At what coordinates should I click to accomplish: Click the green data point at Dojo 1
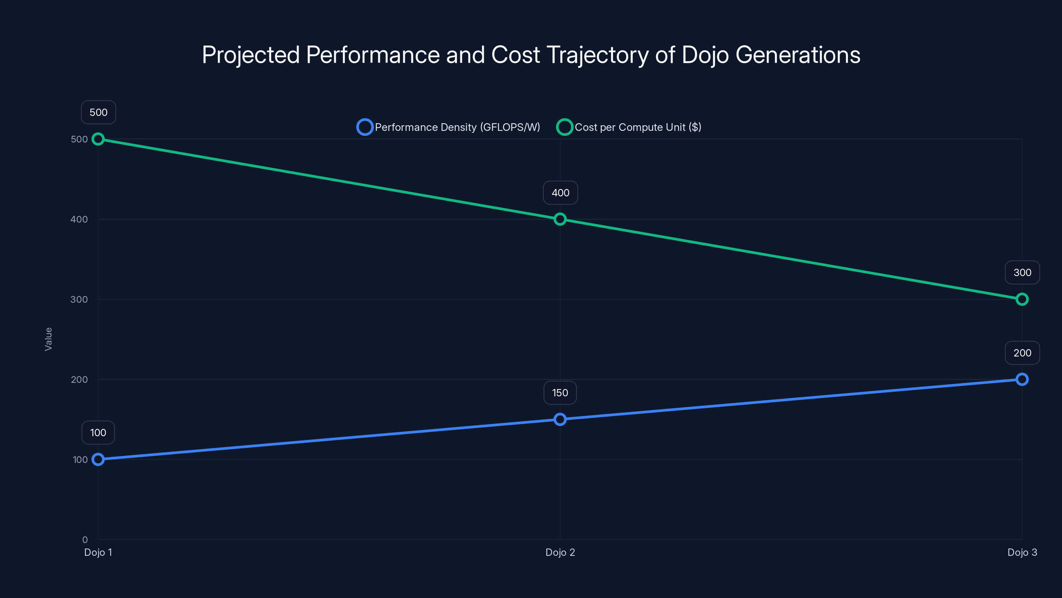pyautogui.click(x=98, y=139)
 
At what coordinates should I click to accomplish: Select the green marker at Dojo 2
pyautogui.click(x=560, y=219)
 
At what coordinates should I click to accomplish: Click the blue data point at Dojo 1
pyautogui.click(x=98, y=459)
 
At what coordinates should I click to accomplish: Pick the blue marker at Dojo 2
pyautogui.click(x=560, y=419)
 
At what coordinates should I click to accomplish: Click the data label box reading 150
pyautogui.click(x=560, y=392)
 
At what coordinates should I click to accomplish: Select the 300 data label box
pyautogui.click(x=1022, y=272)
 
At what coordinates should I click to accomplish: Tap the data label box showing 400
pyautogui.click(x=560, y=193)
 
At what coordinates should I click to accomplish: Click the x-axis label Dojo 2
pyautogui.click(x=560, y=552)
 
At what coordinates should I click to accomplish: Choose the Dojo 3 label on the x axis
pyautogui.click(x=1022, y=552)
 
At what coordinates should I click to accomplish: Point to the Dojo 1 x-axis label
pyautogui.click(x=98, y=552)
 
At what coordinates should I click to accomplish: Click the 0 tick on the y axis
pyautogui.click(x=85, y=540)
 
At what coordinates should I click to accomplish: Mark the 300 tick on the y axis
pyautogui.click(x=79, y=299)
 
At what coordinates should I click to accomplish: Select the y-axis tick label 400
pyautogui.click(x=79, y=219)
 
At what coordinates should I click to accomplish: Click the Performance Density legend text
pyautogui.click(x=457, y=127)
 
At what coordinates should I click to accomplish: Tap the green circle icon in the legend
pyautogui.click(x=565, y=127)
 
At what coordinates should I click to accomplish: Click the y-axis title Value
pyautogui.click(x=48, y=339)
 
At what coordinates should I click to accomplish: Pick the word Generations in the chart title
pyautogui.click(x=798, y=55)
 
